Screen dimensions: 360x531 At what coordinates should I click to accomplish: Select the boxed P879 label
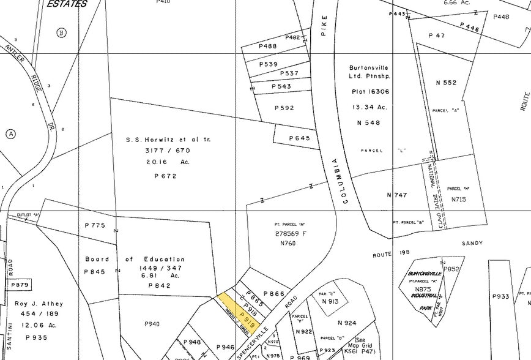click(20, 285)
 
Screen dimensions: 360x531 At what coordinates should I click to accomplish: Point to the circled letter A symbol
click(10, 134)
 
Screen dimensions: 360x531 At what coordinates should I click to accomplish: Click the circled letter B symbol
click(61, 32)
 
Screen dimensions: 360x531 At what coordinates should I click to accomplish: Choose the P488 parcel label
click(268, 47)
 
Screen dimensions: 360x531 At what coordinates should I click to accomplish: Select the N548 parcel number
click(369, 122)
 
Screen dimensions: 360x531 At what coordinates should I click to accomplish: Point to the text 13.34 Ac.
click(369, 107)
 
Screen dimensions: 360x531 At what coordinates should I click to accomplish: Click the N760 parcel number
click(288, 244)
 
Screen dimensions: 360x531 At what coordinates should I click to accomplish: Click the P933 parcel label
click(500, 297)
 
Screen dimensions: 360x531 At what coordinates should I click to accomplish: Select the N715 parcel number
click(459, 199)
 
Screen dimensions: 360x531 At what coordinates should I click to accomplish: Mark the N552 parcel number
click(446, 82)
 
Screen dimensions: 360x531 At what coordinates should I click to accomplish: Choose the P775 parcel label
click(95, 226)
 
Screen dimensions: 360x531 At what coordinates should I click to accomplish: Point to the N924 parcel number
click(347, 322)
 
